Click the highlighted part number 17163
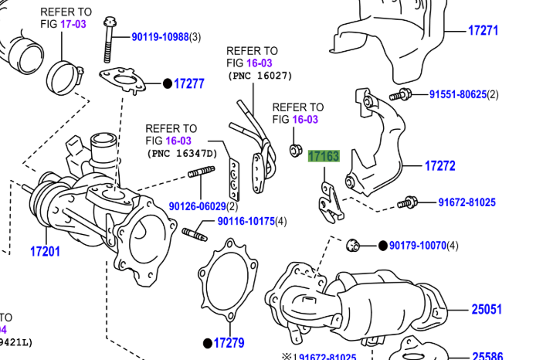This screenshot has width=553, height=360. click(324, 156)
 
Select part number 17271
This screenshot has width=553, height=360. click(483, 31)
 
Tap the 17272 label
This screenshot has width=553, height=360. click(439, 165)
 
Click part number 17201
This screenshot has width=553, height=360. click(45, 251)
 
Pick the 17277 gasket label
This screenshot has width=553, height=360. click(188, 83)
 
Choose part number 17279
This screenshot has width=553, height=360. click(229, 342)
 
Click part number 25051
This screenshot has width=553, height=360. click(487, 310)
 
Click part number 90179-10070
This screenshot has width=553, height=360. click(417, 246)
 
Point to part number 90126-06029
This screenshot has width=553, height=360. click(197, 206)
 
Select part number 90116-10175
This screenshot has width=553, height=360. click(246, 222)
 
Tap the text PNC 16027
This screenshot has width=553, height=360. click(260, 76)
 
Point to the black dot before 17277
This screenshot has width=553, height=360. click(166, 83)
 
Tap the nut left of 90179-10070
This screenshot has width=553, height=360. click(354, 246)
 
